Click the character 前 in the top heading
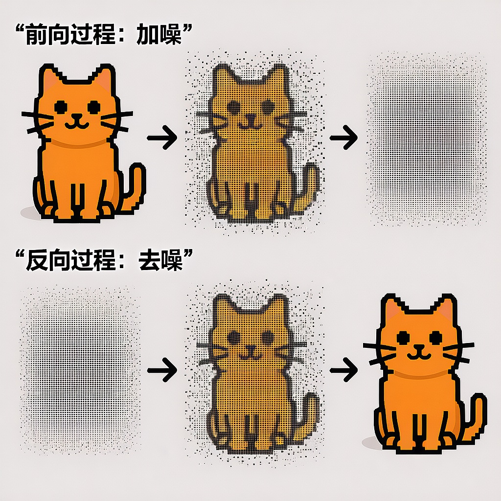(x=36, y=35)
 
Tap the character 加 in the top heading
(x=147, y=35)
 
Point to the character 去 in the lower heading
(x=149, y=260)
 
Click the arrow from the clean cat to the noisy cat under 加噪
(x=162, y=137)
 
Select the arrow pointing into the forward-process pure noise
(x=344, y=137)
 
